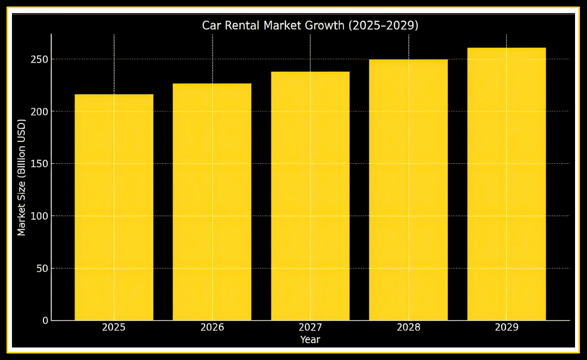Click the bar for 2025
pyautogui.click(x=114, y=207)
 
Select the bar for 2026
pyautogui.click(x=212, y=202)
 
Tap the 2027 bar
pyautogui.click(x=310, y=196)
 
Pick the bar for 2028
pyautogui.click(x=408, y=190)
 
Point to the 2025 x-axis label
pyautogui.click(x=114, y=327)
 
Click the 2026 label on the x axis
pyautogui.click(x=212, y=327)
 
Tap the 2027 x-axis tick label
pyautogui.click(x=310, y=327)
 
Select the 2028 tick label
pyautogui.click(x=408, y=327)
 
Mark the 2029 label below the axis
pyautogui.click(x=507, y=327)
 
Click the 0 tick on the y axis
pyautogui.click(x=45, y=321)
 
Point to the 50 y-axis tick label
pyautogui.click(x=42, y=269)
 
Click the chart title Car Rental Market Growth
pyautogui.click(x=310, y=26)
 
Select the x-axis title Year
pyautogui.click(x=310, y=340)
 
